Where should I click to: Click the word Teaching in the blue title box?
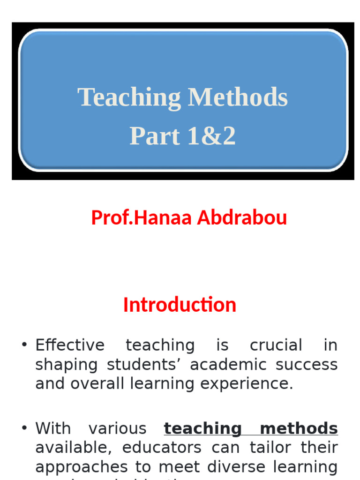tap(129, 98)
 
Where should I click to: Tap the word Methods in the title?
tap(238, 97)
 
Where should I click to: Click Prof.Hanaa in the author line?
tap(142, 217)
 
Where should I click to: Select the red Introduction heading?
tap(180, 305)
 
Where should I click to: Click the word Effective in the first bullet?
tap(70, 345)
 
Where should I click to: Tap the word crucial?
tap(276, 345)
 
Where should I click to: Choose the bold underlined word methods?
tap(299, 428)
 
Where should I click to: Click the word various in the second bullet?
tap(117, 428)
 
